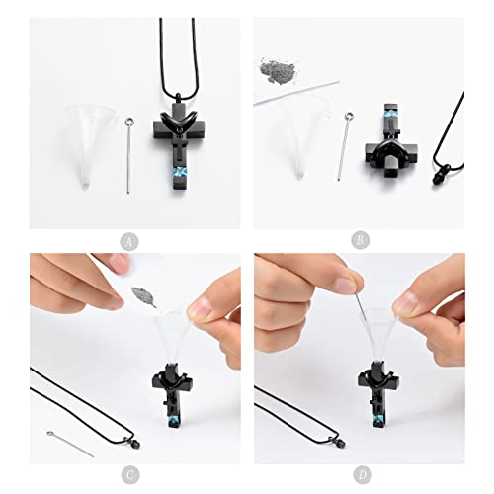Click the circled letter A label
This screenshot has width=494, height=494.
129,242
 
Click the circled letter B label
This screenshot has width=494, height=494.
360,241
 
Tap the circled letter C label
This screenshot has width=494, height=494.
130,475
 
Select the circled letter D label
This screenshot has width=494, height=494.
363,475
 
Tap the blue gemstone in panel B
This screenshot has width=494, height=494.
390,115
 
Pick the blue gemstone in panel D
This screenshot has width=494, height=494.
379,419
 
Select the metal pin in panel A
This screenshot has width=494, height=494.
128,155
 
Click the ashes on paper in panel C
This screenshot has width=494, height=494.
144,296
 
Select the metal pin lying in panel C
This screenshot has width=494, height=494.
70,444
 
